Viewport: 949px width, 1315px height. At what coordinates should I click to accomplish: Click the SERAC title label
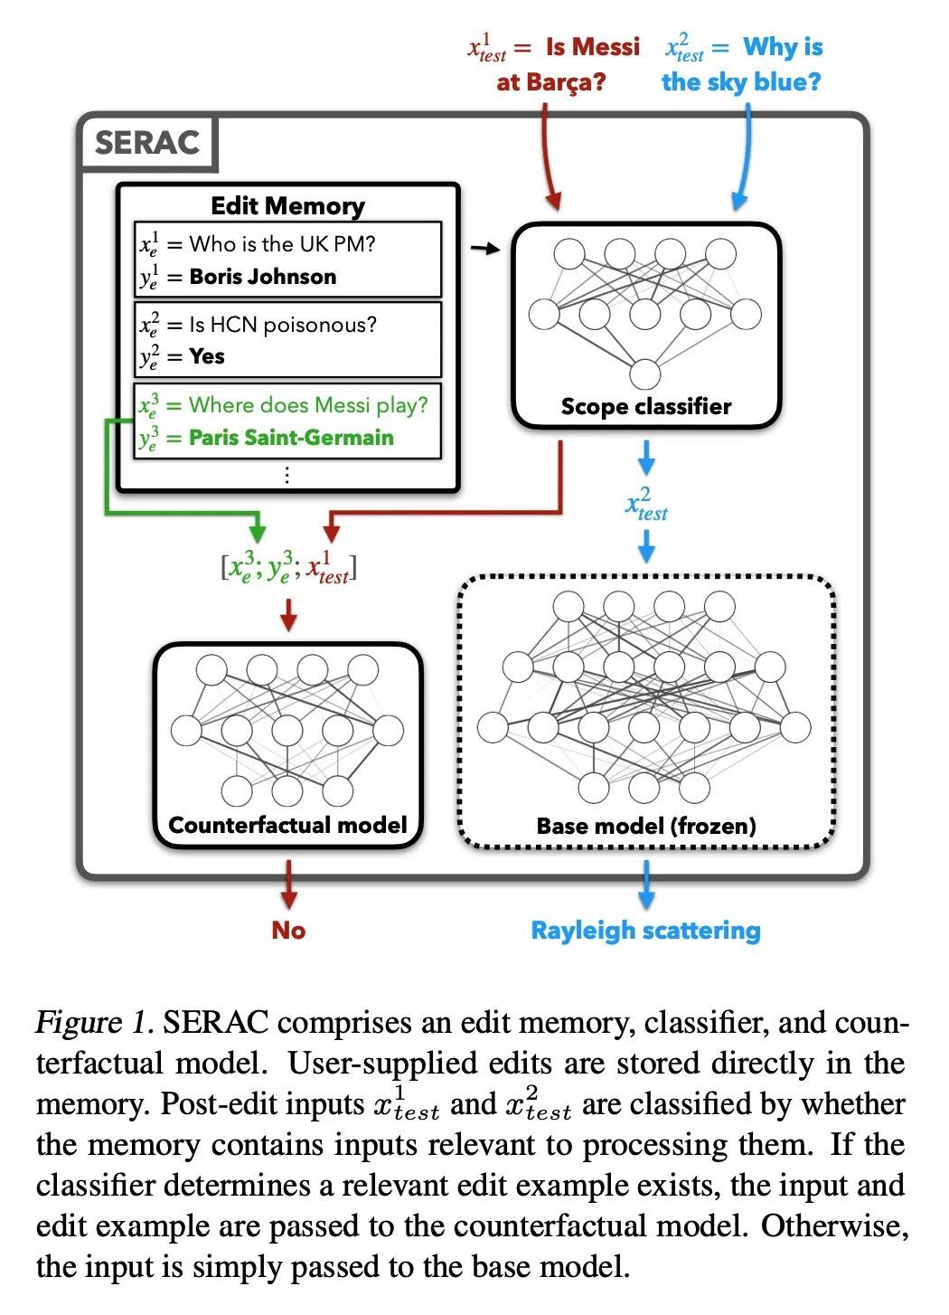(146, 143)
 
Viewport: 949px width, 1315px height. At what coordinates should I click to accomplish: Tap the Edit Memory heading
(287, 206)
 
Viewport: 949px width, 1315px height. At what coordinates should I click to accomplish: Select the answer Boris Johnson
(262, 277)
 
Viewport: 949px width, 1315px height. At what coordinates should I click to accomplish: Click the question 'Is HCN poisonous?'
(282, 325)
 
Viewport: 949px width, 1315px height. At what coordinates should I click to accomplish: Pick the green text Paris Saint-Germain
(291, 438)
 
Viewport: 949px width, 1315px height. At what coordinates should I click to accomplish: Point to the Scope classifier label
(645, 406)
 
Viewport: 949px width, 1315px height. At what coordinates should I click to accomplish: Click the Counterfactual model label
(287, 825)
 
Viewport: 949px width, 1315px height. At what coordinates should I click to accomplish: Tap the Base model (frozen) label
(645, 826)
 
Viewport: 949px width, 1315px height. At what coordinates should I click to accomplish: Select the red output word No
(288, 931)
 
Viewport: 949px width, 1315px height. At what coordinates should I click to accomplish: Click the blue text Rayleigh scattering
(645, 931)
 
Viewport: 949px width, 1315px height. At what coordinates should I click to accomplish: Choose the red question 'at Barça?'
(550, 82)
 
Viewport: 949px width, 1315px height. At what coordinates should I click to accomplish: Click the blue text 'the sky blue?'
(741, 82)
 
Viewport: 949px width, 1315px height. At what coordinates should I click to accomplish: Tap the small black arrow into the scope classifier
(485, 248)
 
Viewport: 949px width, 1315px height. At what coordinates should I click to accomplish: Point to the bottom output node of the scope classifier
(645, 374)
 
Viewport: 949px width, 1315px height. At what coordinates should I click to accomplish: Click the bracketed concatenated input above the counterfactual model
(288, 568)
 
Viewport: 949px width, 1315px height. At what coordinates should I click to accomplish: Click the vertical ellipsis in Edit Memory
(287, 475)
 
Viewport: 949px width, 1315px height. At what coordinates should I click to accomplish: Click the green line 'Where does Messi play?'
(307, 404)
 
